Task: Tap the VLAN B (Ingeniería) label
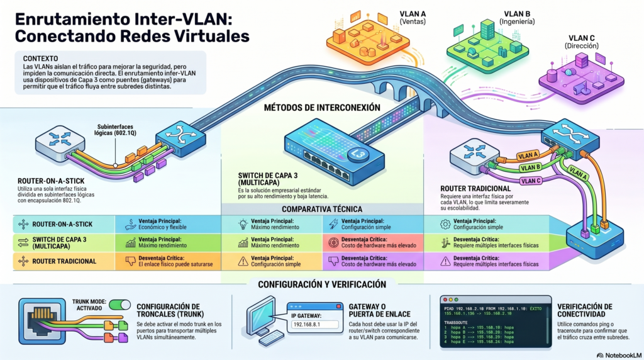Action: pyautogui.click(x=517, y=17)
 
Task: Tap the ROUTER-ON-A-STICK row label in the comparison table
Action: pyautogui.click(x=62, y=223)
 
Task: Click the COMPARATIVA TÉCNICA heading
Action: pyautogui.click(x=321, y=208)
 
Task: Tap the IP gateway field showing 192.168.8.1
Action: pyautogui.click(x=307, y=324)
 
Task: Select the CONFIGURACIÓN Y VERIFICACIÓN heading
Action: pyautogui.click(x=321, y=284)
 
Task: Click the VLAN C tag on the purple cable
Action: pyautogui.click(x=531, y=181)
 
